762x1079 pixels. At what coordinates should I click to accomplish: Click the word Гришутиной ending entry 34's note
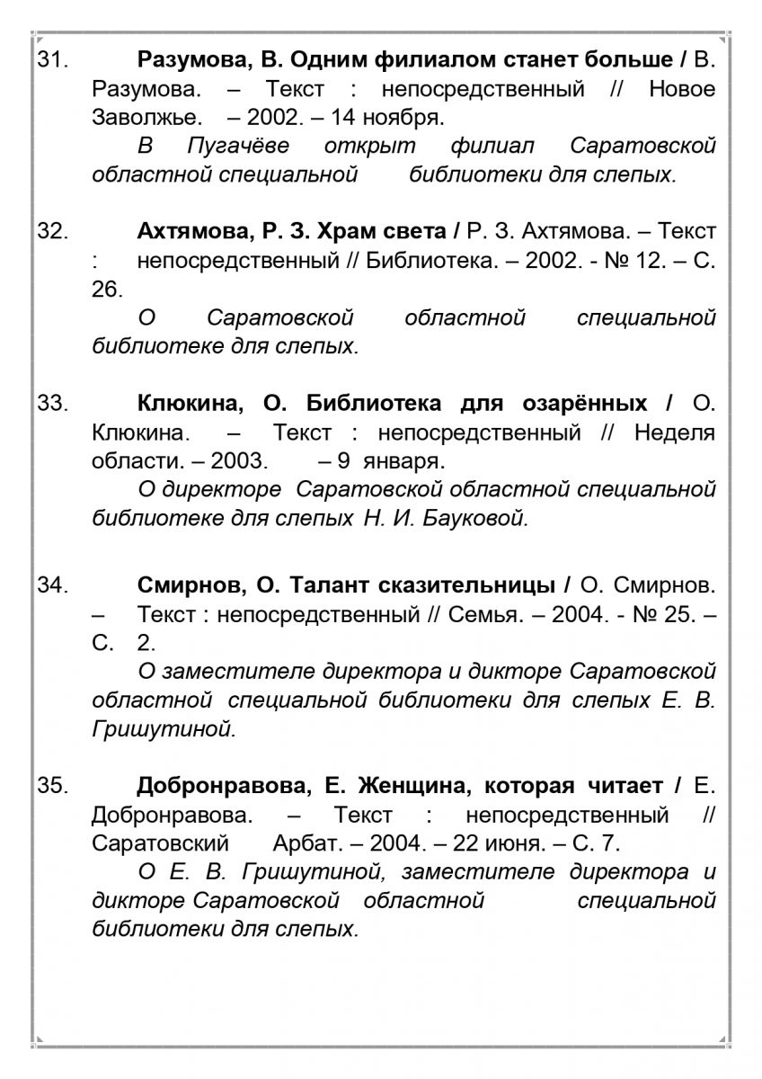pos(164,729)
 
